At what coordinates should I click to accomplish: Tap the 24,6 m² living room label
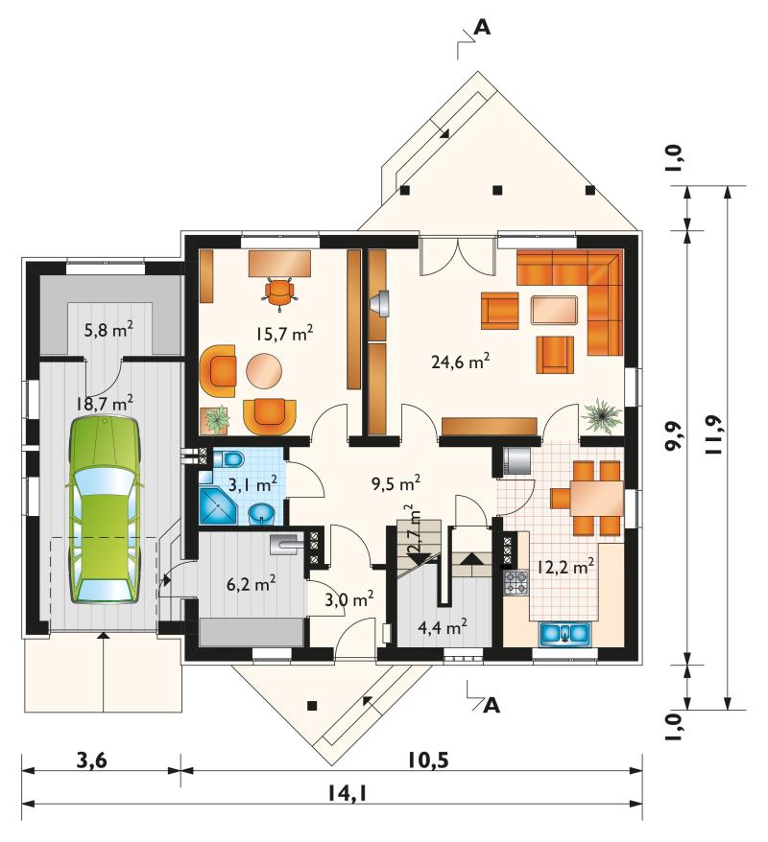point(461,361)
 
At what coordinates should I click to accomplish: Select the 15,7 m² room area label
point(284,334)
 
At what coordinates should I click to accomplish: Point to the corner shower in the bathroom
point(218,505)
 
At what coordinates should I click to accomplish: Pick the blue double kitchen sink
point(564,633)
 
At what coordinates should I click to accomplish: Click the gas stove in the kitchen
point(516,581)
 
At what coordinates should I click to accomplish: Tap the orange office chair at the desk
point(280,292)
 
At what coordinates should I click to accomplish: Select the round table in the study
point(264,369)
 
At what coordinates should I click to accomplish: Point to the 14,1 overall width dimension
point(348,791)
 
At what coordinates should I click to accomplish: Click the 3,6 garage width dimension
point(92,760)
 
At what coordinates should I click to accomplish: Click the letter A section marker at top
point(483,28)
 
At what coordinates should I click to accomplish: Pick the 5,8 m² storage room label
point(108,329)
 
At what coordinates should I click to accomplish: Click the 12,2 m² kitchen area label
point(564,567)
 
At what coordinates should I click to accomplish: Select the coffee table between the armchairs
point(554,310)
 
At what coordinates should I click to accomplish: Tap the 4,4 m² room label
point(443,626)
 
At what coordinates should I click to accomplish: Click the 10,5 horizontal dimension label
point(427,760)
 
